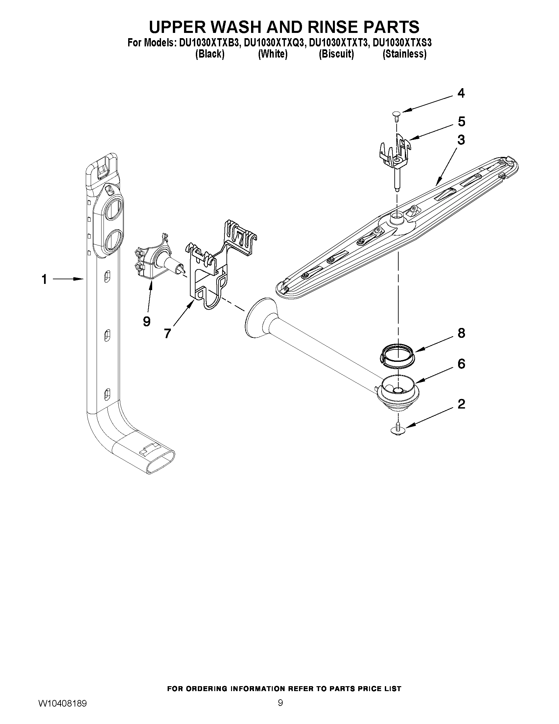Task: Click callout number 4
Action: point(461,93)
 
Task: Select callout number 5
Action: point(461,122)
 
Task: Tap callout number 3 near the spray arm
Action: point(461,140)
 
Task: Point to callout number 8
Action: point(461,333)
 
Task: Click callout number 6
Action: point(461,364)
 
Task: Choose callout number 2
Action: point(461,404)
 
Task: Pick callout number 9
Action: point(147,321)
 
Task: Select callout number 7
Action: point(167,333)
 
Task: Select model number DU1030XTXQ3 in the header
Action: point(273,43)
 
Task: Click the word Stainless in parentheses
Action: point(404,54)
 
